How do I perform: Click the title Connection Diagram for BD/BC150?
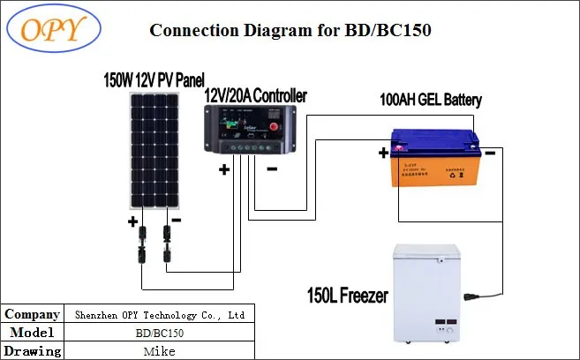click(290, 30)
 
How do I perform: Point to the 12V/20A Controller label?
click(255, 94)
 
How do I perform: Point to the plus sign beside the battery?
click(383, 153)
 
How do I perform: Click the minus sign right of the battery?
click(490, 152)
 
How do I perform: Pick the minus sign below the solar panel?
click(176, 219)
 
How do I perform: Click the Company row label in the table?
click(33, 314)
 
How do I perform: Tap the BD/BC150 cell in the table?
click(160, 333)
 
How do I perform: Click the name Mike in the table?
click(160, 351)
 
